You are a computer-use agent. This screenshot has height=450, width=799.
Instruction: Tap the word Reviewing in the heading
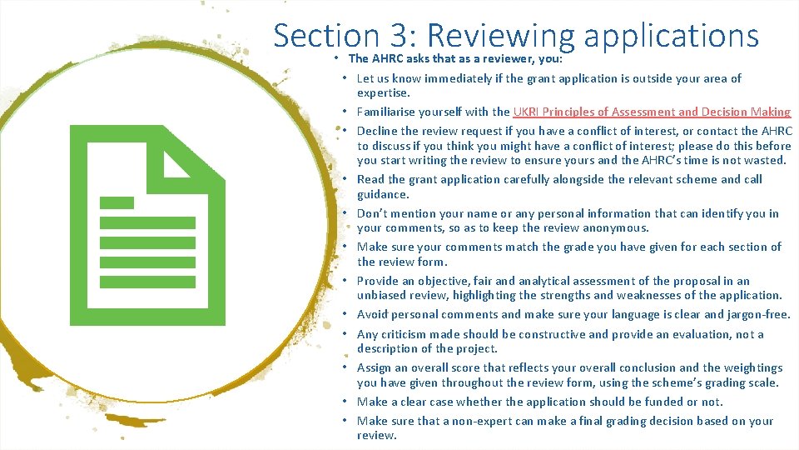pos(499,35)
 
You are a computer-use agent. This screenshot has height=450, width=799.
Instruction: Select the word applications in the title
pos(671,35)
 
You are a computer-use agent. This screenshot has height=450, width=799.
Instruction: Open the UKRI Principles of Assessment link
pos(652,112)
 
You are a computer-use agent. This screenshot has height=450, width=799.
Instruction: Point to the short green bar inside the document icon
pos(117,202)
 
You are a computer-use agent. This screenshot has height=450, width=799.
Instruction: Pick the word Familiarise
pos(388,112)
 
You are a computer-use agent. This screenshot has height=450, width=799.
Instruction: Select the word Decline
pos(378,131)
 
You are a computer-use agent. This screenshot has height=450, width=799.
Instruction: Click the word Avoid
pos(372,314)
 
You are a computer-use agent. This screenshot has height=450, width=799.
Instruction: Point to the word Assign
pos(375,367)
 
